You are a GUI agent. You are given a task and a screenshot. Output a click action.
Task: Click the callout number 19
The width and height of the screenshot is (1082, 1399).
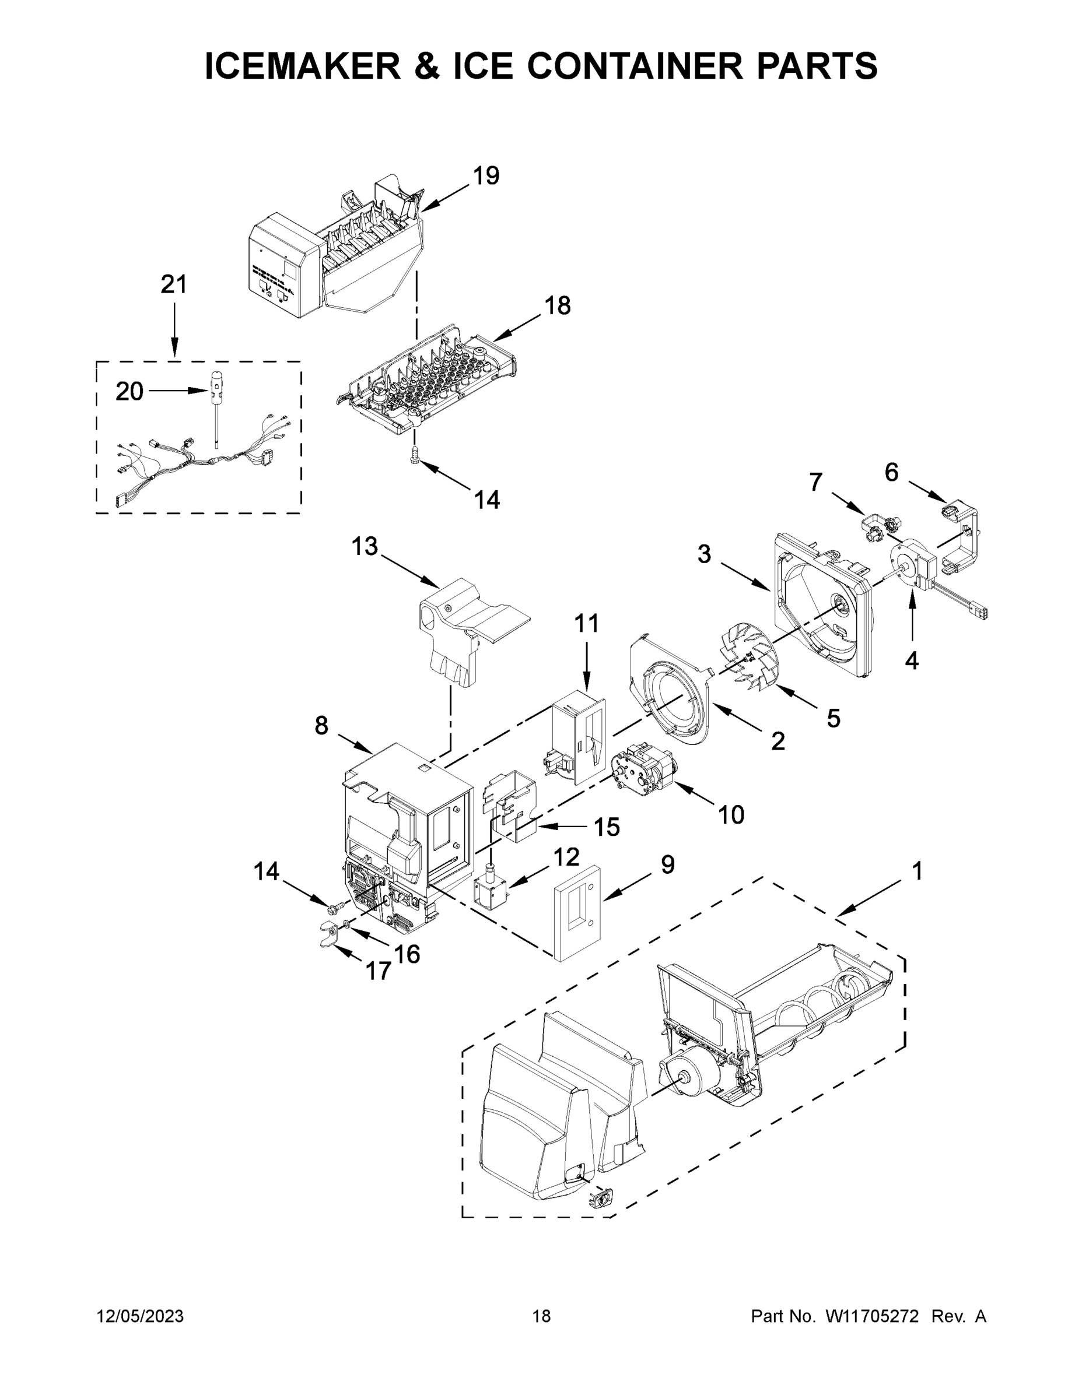(x=486, y=175)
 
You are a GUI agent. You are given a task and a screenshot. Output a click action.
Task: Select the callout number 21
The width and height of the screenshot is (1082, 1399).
(x=173, y=284)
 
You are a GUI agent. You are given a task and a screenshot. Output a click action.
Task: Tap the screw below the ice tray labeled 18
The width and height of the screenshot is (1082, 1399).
(x=415, y=456)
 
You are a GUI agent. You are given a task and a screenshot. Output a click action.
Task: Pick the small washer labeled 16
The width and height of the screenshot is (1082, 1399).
(x=346, y=925)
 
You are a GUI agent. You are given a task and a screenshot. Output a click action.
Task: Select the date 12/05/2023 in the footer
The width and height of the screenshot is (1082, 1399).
(x=140, y=1316)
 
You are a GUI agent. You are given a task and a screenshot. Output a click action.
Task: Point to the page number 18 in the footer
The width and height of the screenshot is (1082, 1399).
(x=541, y=1316)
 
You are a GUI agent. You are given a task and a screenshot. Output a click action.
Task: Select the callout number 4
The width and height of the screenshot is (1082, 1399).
(x=912, y=660)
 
